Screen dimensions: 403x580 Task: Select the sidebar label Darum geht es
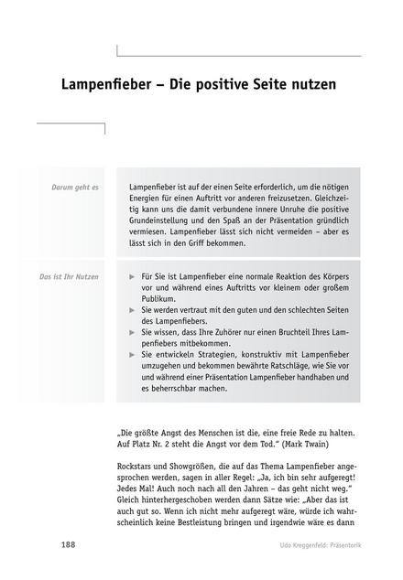77,187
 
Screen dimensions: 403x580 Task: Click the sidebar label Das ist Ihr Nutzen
69,275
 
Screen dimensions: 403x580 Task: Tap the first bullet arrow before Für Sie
134,275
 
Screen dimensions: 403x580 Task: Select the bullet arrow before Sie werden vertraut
134,311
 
